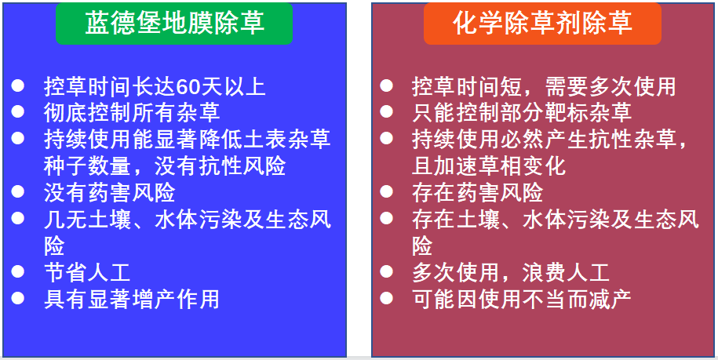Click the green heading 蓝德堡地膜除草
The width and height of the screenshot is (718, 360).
[174, 23]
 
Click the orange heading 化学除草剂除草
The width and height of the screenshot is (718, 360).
[542, 23]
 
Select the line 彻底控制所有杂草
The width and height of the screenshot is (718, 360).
[132, 112]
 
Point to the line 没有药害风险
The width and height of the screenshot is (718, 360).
[110, 192]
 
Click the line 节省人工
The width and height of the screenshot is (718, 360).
[87, 272]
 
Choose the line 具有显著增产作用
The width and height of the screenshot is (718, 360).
[132, 299]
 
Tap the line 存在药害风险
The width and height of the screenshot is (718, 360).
[478, 192]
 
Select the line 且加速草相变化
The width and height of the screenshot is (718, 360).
[489, 165]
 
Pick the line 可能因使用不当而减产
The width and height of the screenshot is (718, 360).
[522, 299]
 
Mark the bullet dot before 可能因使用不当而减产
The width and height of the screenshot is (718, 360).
[386, 298]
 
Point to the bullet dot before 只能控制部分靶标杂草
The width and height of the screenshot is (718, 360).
[386, 111]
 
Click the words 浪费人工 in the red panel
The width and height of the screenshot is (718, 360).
[566, 272]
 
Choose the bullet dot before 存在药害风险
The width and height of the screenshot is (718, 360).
[386, 191]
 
